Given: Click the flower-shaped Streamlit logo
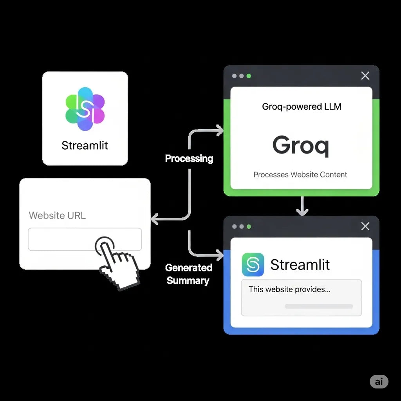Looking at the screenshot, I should [85, 109].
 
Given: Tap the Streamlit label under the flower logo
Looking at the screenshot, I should [85, 146].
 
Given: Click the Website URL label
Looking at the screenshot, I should [57, 215].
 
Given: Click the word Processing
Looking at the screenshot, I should [189, 159].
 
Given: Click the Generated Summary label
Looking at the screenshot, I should [188, 274].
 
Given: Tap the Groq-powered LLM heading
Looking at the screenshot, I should [302, 107].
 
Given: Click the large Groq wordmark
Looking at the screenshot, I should [301, 145].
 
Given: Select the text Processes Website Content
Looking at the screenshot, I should [300, 175].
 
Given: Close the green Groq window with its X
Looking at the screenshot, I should [365, 76].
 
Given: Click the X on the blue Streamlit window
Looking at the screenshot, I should [365, 226].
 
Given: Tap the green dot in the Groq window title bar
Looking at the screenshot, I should [249, 76].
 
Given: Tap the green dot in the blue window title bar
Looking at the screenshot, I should [249, 227].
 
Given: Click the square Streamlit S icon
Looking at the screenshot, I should [253, 265].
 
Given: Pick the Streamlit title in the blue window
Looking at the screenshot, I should [300, 265].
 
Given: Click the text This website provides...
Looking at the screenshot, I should [289, 290].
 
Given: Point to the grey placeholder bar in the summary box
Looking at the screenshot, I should [319, 306].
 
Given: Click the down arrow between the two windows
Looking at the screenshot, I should [302, 206].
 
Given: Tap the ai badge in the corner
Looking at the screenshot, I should [379, 382].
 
